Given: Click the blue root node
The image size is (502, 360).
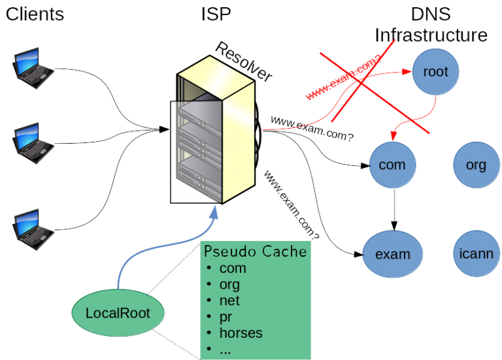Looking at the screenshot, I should click(x=436, y=72).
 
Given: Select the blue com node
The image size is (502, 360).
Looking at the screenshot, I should click(x=393, y=165).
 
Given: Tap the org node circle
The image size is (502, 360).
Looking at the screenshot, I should click(x=476, y=165).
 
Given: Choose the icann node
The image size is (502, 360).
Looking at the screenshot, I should click(x=476, y=253).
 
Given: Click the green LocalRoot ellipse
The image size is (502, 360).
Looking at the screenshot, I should click(x=118, y=313).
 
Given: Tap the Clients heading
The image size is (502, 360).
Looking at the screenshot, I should click(x=35, y=14).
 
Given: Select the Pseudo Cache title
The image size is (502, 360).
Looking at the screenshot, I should click(x=255, y=252).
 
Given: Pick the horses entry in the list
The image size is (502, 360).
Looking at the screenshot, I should click(x=240, y=333).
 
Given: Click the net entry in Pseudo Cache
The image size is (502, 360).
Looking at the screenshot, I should click(x=229, y=301).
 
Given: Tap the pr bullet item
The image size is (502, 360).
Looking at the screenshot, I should click(x=227, y=317).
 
